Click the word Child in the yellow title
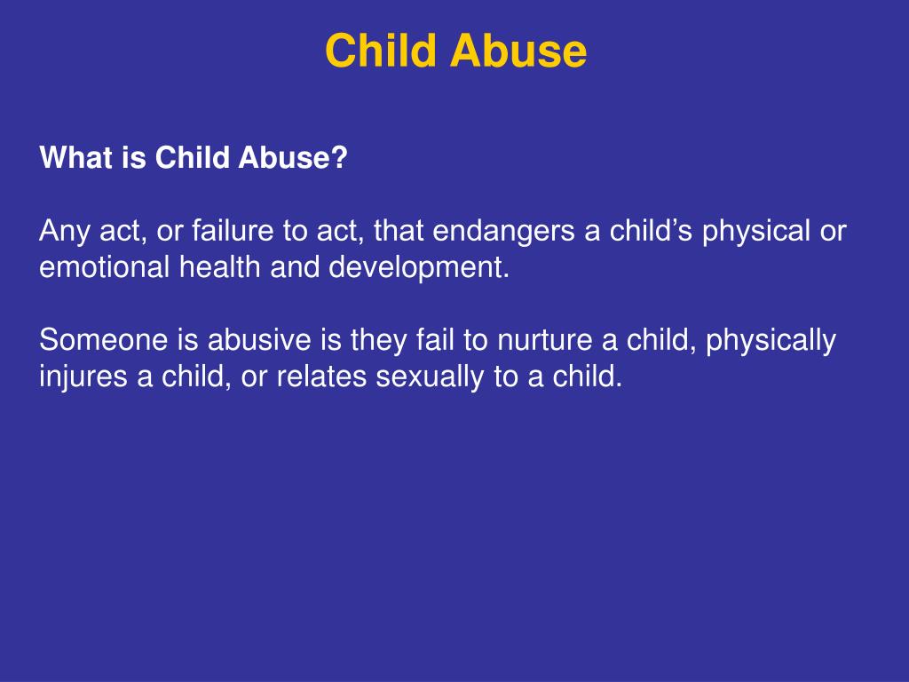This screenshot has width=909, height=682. point(381,51)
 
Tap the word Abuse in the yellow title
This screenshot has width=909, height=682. point(518,51)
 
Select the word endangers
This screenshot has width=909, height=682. point(503,232)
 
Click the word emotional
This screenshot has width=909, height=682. point(106,268)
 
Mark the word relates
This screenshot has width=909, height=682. point(322,377)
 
